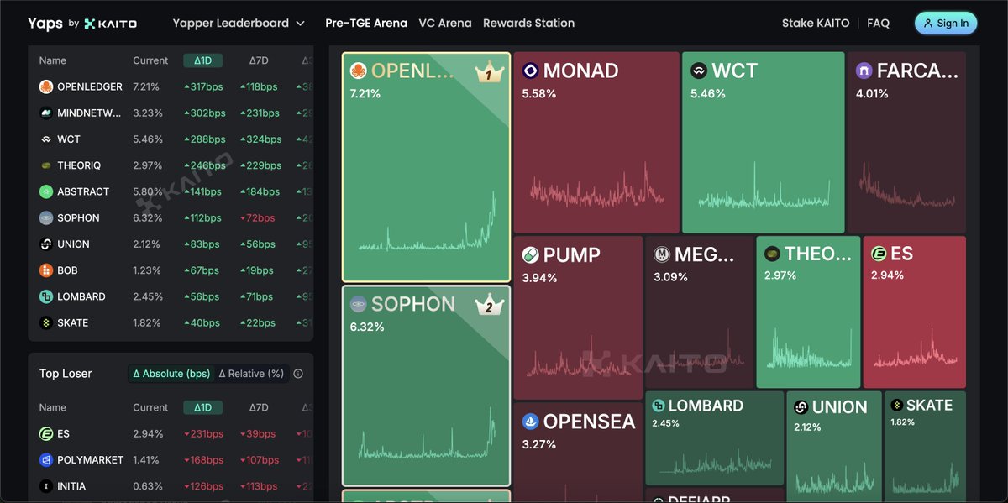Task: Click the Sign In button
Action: point(946,24)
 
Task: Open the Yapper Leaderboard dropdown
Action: point(239,24)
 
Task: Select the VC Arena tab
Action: point(445,24)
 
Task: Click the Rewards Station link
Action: point(528,24)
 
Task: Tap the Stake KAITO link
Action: point(816,24)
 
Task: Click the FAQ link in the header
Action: point(878,24)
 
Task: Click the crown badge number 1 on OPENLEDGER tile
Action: point(489,73)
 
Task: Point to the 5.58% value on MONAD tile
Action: point(538,94)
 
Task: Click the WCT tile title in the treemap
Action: point(734,71)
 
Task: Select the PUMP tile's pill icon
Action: point(530,255)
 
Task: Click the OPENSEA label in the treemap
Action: point(589,422)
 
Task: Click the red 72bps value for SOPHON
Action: point(258,218)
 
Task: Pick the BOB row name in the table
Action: point(67,270)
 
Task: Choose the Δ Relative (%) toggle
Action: point(251,374)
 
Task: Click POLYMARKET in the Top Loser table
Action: point(90,460)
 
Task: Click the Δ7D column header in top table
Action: point(259,60)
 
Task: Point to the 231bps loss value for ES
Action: point(203,434)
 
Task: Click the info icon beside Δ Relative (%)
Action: point(298,375)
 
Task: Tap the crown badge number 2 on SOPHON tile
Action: point(489,307)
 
